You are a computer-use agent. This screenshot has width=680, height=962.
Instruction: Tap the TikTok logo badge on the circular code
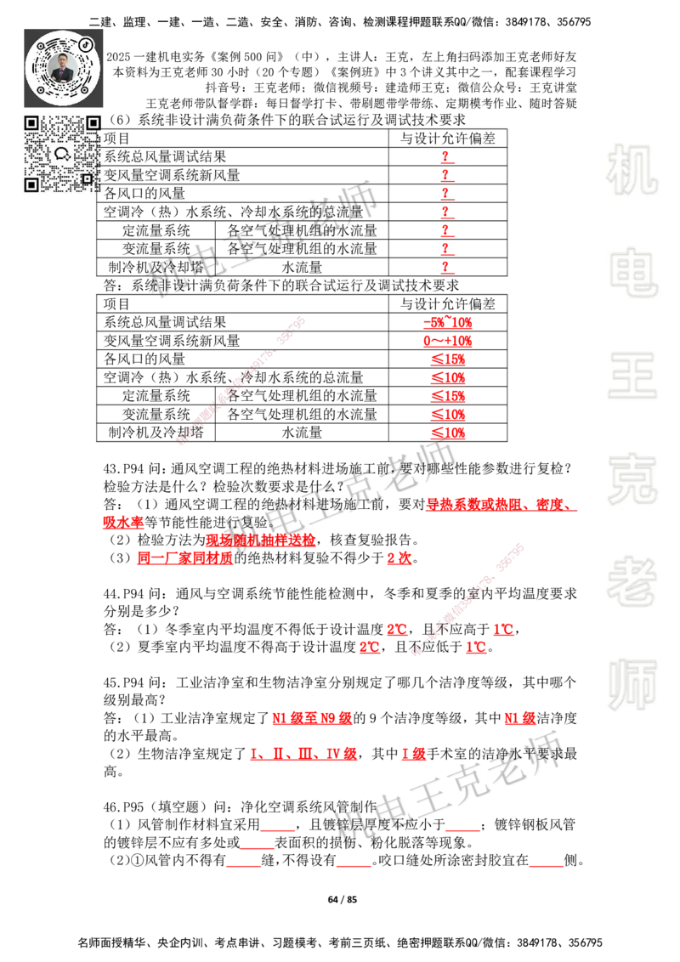85,43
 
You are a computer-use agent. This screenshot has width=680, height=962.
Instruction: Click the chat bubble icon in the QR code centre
62,154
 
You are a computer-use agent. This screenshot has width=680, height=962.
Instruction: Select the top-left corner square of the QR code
31,123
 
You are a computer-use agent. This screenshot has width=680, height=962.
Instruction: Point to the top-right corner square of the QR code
93,123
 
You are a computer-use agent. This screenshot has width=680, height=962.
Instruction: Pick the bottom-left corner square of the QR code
31,184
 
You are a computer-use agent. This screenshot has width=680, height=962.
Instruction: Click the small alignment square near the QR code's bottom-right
86,178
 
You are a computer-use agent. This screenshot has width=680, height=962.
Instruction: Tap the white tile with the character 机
632,170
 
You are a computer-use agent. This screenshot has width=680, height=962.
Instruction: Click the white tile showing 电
635,272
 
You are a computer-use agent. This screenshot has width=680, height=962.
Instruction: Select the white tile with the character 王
632,376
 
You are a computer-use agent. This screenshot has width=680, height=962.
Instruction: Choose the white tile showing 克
632,478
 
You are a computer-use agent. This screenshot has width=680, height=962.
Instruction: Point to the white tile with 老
632,581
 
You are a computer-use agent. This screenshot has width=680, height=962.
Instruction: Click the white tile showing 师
632,686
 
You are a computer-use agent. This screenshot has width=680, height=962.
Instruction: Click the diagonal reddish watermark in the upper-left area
241,380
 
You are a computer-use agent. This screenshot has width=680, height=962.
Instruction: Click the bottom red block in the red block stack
449,433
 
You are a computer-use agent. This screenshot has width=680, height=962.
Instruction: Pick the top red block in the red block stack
448,323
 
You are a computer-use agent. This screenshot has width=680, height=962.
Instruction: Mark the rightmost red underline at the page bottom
547,867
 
